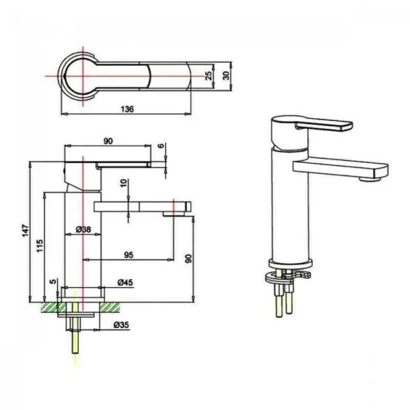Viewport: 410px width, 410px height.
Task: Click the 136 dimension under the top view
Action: [x=127, y=109]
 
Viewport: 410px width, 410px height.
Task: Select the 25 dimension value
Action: [x=208, y=76]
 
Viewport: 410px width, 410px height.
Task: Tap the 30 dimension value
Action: [x=226, y=76]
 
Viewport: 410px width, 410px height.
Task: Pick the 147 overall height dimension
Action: [x=25, y=231]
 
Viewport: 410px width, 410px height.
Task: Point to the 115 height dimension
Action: [x=39, y=246]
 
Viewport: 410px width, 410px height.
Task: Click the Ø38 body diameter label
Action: [x=83, y=229]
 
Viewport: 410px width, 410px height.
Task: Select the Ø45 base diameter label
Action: [x=125, y=283]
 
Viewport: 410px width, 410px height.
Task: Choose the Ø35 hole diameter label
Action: [x=122, y=325]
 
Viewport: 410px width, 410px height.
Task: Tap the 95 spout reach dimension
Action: [x=128, y=254]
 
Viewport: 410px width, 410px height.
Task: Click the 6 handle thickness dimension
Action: [x=162, y=145]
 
